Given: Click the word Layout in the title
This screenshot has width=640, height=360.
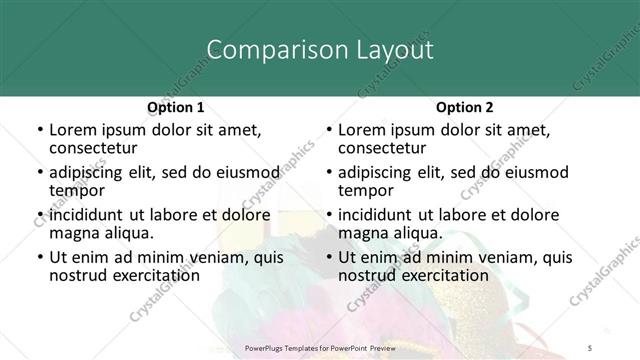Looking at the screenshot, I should tap(388, 49).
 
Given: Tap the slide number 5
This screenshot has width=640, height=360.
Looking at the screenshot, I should tap(619, 347).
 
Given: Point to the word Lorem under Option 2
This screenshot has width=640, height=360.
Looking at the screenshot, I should tap(362, 130).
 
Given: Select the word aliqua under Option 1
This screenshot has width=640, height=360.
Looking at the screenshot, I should tap(129, 233).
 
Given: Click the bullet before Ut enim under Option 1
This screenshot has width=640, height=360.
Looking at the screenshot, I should tap(38, 257).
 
